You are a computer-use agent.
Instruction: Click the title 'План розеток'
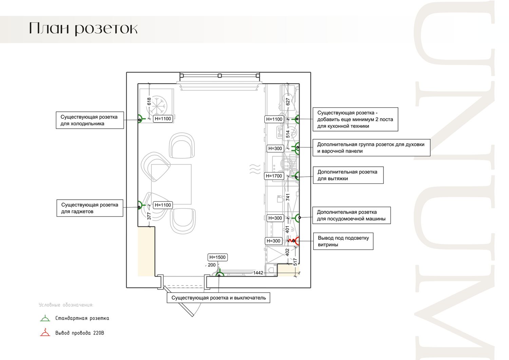pos(83,29)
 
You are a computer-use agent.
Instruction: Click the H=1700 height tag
pos(274,176)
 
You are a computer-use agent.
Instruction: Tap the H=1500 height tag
pos(218,257)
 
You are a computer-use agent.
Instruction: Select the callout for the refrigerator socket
pos(90,120)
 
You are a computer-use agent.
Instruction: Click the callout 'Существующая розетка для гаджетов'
pos(90,208)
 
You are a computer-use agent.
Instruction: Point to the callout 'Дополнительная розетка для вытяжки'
pos(348,175)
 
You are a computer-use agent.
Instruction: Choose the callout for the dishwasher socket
pos(352,215)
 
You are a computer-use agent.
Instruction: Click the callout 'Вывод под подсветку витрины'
pos(343,241)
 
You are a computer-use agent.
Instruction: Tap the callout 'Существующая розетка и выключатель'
pos(219,298)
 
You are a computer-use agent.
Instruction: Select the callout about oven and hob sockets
pos(372,148)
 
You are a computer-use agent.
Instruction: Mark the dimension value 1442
pos(258,273)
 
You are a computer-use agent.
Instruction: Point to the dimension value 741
pos(288,197)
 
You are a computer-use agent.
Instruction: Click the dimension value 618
pos(149,102)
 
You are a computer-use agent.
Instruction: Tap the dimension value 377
pos(149,216)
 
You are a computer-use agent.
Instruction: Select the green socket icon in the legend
pos(45,318)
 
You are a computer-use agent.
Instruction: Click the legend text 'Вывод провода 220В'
pos(80,333)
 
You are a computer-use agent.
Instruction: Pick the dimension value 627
pos(288,102)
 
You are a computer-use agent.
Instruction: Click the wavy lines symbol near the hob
pos(255,169)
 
